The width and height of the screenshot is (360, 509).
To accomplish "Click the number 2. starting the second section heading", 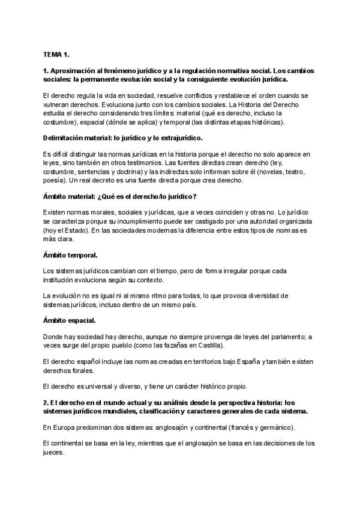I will coord(46,402).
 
